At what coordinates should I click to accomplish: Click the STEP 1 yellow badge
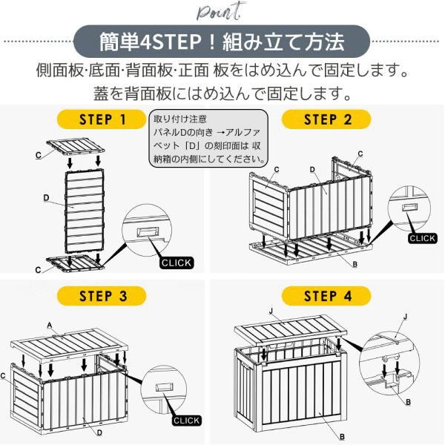point(102,119)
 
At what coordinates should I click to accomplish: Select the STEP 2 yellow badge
point(327,119)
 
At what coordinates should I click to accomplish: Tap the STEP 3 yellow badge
point(102,296)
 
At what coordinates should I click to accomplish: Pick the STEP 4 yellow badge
point(327,296)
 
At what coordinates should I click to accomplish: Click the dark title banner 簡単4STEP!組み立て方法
point(222,42)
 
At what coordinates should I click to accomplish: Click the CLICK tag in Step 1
point(177,263)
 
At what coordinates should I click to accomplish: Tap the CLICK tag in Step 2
point(423,238)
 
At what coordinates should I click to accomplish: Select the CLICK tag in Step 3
point(186,421)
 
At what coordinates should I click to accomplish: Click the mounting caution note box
point(209,139)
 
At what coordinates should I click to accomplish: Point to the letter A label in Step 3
point(49,325)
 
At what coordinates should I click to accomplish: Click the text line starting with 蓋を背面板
point(222,94)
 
